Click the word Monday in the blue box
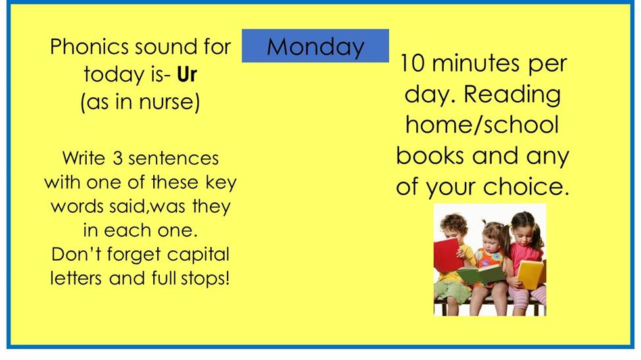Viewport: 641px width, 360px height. pyautogui.click(x=315, y=47)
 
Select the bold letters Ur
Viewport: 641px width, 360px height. pyautogui.click(x=187, y=74)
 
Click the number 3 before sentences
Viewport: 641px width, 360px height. pyautogui.click(x=118, y=158)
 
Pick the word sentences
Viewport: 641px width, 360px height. pyautogui.click(x=174, y=158)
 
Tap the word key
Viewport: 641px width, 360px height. pyautogui.click(x=221, y=183)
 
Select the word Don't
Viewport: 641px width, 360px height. pyautogui.click(x=76, y=255)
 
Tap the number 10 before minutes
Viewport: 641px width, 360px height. pyautogui.click(x=413, y=63)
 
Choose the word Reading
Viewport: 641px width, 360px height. pyautogui.click(x=512, y=95)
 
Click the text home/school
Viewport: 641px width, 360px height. pyautogui.click(x=482, y=125)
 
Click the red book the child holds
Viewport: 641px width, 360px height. pyautogui.click(x=448, y=255)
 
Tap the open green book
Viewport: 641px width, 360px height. pyautogui.click(x=481, y=274)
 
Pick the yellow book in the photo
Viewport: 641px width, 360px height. pyautogui.click(x=531, y=275)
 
